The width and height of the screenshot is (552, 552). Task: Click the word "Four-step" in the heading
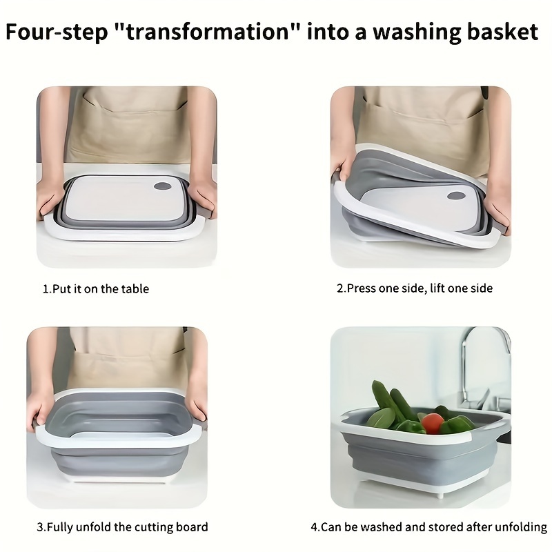[57, 32]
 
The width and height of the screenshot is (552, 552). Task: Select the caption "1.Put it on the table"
[96, 289]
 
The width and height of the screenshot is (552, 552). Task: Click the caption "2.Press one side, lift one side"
[415, 288]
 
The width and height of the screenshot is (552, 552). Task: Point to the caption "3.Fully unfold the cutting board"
[123, 527]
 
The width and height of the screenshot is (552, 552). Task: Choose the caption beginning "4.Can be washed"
[428, 527]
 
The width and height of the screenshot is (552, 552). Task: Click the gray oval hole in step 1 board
[162, 186]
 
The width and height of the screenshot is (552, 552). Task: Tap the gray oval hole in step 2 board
[456, 195]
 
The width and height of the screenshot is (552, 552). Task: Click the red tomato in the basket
[433, 423]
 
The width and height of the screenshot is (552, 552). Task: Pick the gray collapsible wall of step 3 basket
[119, 461]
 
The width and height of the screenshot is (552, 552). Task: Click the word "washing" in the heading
[417, 32]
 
